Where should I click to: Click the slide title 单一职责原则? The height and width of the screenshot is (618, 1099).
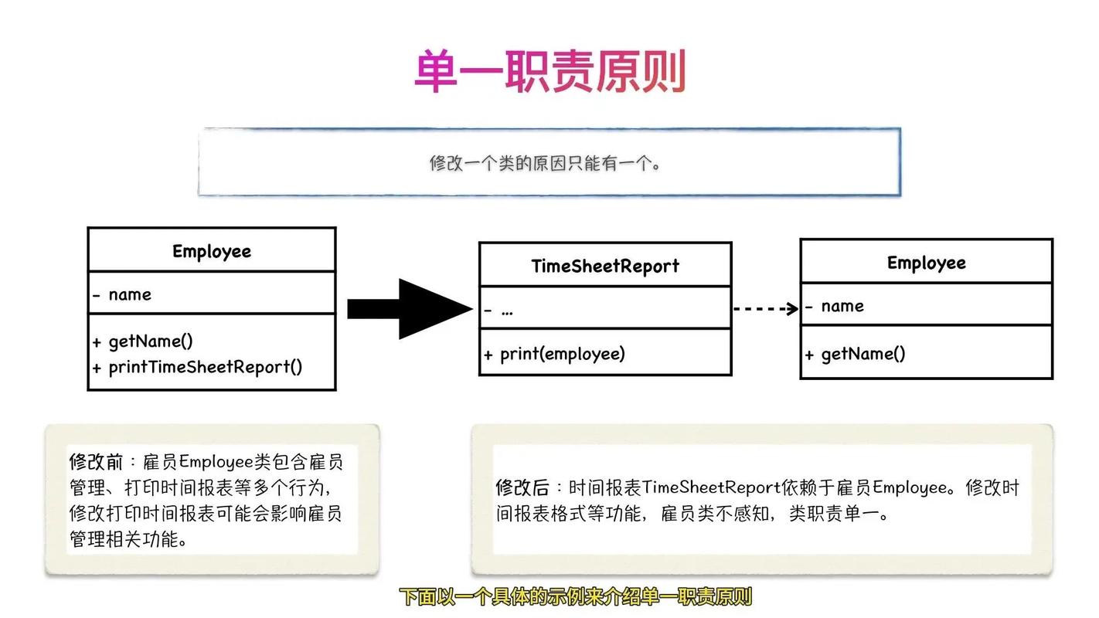click(x=549, y=72)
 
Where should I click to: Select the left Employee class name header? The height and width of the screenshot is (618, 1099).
click(x=211, y=251)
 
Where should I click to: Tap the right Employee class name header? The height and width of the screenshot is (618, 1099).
click(x=926, y=263)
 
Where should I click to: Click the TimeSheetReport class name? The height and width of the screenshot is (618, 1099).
click(x=604, y=266)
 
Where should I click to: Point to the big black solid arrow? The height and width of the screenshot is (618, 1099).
click(x=409, y=309)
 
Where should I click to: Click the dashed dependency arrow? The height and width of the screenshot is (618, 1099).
click(x=765, y=309)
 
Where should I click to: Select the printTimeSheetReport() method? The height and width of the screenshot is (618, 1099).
click(x=205, y=367)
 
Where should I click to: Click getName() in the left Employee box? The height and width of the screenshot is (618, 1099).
click(x=150, y=341)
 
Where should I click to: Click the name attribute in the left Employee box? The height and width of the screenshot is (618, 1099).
click(x=129, y=294)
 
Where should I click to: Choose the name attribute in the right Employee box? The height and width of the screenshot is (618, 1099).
click(x=842, y=306)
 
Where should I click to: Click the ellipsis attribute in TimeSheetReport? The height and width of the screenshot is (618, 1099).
click(x=507, y=311)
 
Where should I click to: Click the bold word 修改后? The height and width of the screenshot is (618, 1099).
click(x=522, y=488)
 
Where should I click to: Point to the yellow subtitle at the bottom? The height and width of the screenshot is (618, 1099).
click(x=575, y=596)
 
